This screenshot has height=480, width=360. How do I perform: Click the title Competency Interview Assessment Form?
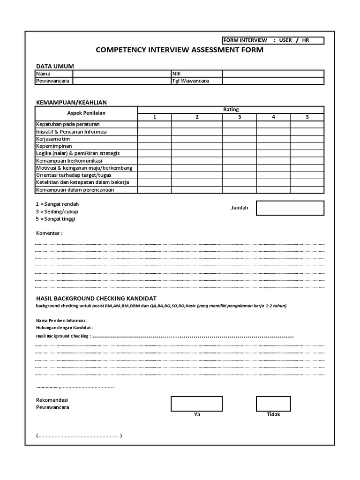click(x=180, y=50)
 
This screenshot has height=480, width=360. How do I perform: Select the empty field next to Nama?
click(x=122, y=74)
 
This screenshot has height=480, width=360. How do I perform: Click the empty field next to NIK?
click(x=272, y=74)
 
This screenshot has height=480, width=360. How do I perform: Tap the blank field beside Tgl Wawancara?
click(x=272, y=81)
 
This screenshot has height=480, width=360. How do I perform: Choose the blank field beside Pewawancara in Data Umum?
click(x=122, y=81)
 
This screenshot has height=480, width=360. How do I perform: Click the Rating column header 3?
click(x=239, y=117)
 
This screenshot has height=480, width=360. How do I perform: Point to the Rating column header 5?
click(x=307, y=117)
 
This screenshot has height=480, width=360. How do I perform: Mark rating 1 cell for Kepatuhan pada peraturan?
click(x=154, y=125)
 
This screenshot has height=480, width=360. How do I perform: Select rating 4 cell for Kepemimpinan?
click(x=273, y=146)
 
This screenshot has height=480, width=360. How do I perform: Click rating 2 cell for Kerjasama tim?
click(x=197, y=139)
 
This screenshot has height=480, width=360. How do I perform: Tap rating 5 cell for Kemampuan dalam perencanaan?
click(x=307, y=190)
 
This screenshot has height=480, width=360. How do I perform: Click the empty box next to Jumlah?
click(x=290, y=208)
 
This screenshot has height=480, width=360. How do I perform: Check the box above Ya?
click(x=196, y=404)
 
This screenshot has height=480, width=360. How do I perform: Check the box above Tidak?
click(x=273, y=404)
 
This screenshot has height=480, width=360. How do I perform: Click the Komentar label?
click(x=49, y=233)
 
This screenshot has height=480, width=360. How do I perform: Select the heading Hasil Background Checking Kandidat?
click(x=96, y=298)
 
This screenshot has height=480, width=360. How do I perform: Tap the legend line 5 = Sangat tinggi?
click(x=55, y=219)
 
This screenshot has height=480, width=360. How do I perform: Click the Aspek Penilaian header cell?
click(x=86, y=113)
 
